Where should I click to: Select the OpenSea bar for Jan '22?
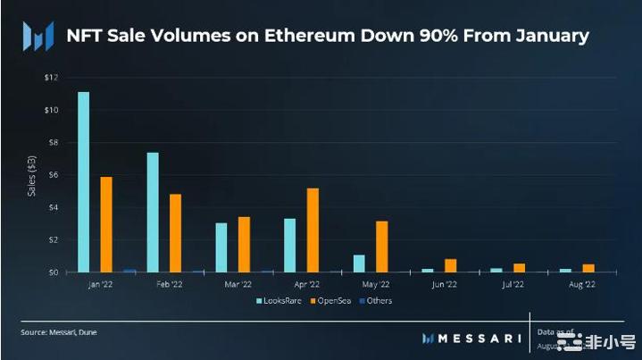106,224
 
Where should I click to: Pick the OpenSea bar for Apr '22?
313,230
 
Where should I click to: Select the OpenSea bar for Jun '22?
450,265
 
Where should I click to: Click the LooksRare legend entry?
278,300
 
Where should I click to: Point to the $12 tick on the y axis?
53,78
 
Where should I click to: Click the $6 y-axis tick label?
54,175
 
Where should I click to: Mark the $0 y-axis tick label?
54,272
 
